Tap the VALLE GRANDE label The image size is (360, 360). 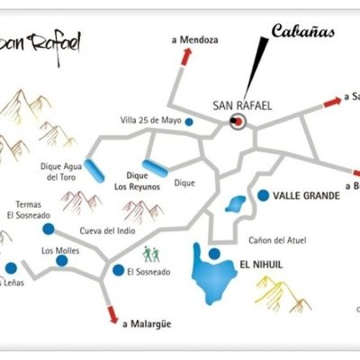306,195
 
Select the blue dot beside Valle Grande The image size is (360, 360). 262,195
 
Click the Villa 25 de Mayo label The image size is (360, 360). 150,121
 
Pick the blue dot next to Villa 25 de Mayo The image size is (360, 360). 189,121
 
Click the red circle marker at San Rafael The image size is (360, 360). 238,121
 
